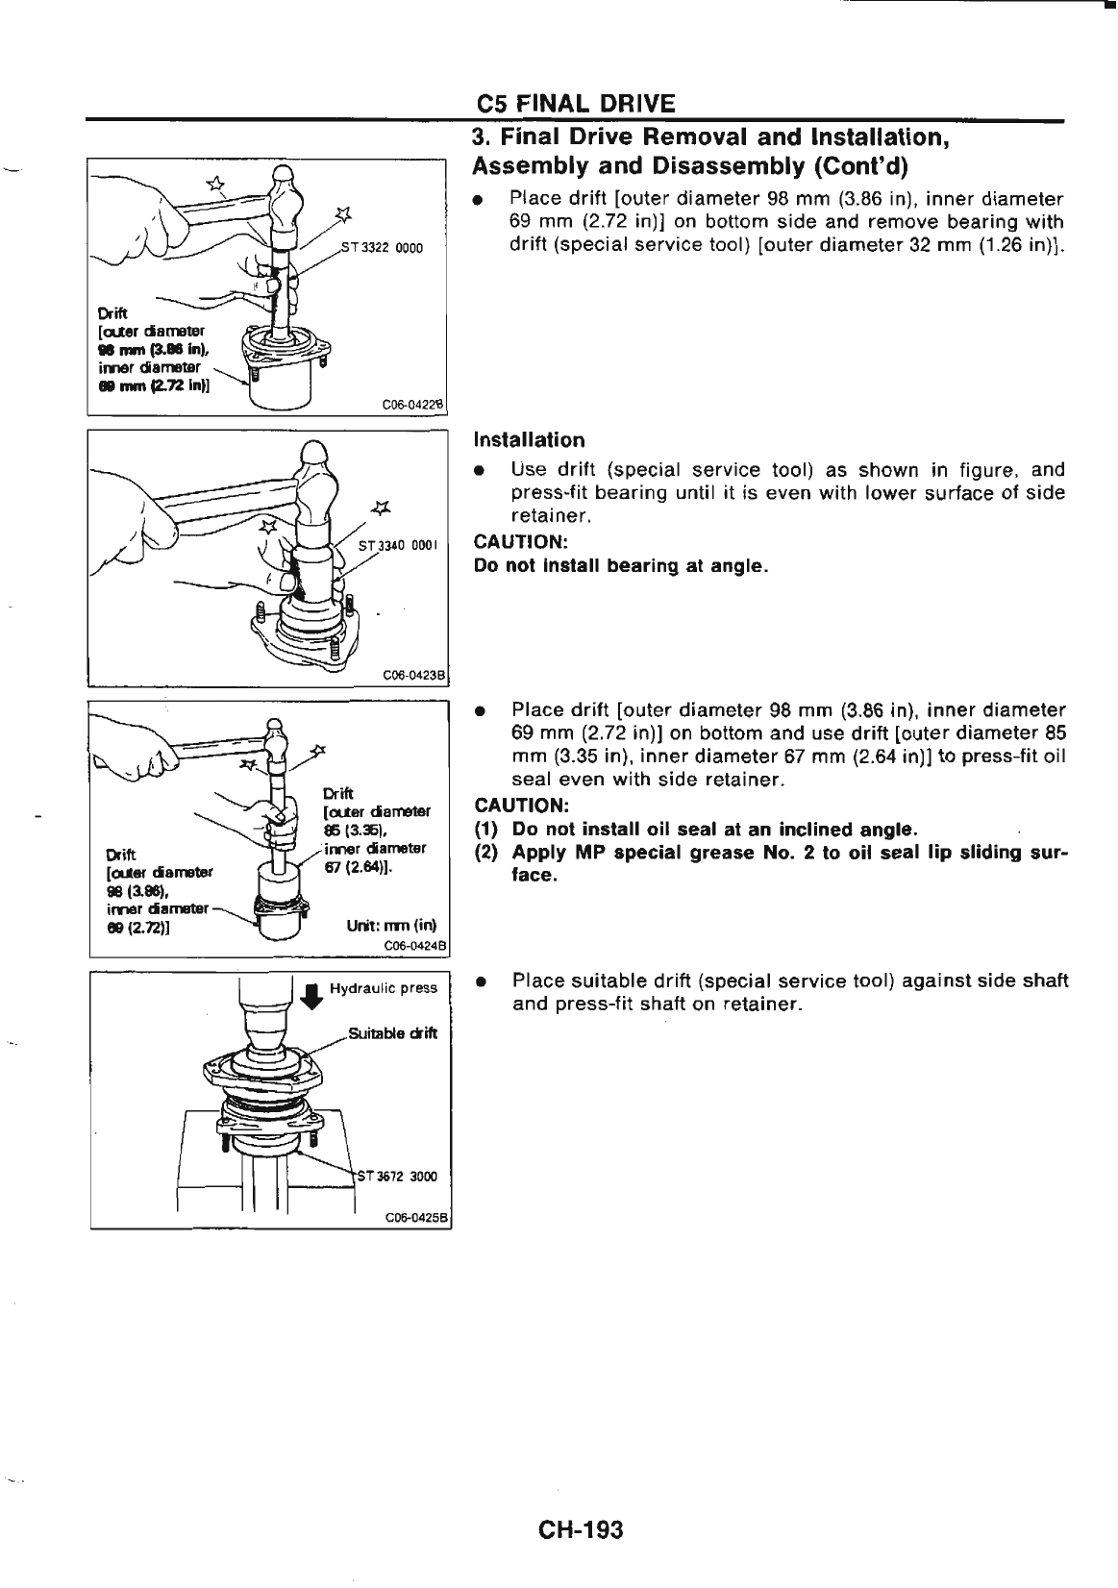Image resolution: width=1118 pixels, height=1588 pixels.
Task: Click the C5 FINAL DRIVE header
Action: point(576,104)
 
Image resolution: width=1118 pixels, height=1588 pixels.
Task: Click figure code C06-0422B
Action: point(411,405)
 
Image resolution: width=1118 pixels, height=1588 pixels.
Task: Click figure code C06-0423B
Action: point(411,674)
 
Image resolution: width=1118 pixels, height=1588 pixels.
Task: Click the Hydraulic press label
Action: point(383,988)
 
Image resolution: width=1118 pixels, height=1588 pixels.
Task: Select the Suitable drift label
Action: point(392,1033)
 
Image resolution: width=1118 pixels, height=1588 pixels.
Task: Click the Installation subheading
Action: point(529,440)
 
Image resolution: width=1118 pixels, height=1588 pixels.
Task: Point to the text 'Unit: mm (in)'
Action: point(390,926)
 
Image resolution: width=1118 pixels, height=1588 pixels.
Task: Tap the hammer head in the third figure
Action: point(277,740)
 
